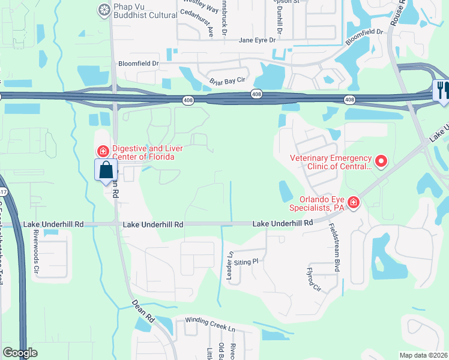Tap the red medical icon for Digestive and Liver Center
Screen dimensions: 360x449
point(103,151)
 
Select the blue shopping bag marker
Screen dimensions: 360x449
point(106,170)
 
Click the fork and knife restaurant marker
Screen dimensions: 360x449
point(441,90)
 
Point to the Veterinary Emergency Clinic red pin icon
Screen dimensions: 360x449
point(380,161)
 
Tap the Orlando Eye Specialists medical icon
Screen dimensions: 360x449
point(354,203)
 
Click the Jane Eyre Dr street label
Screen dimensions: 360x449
point(257,40)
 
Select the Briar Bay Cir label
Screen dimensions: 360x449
point(228,80)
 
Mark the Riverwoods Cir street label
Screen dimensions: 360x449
point(37,252)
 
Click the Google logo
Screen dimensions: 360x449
point(20,353)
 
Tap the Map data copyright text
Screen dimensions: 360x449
point(423,355)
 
